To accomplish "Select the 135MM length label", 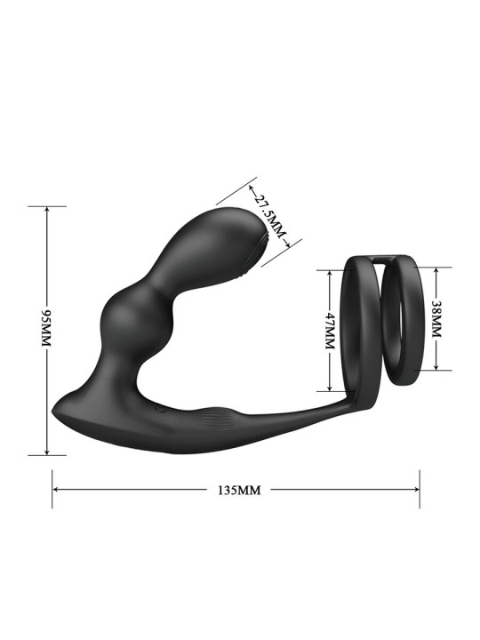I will coord(236,489).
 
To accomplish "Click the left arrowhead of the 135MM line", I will coord(56,489).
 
